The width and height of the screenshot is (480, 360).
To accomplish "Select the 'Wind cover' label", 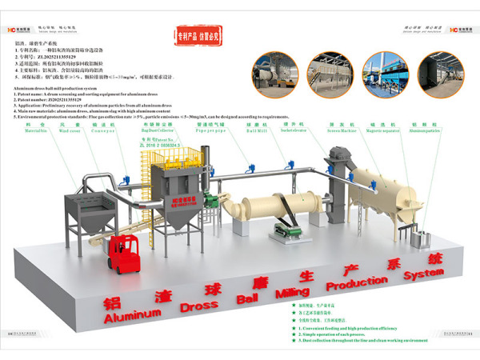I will point(70,130).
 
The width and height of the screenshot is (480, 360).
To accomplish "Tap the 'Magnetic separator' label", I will point(377,130).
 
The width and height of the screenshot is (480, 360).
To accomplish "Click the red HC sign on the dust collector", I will point(181,198).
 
